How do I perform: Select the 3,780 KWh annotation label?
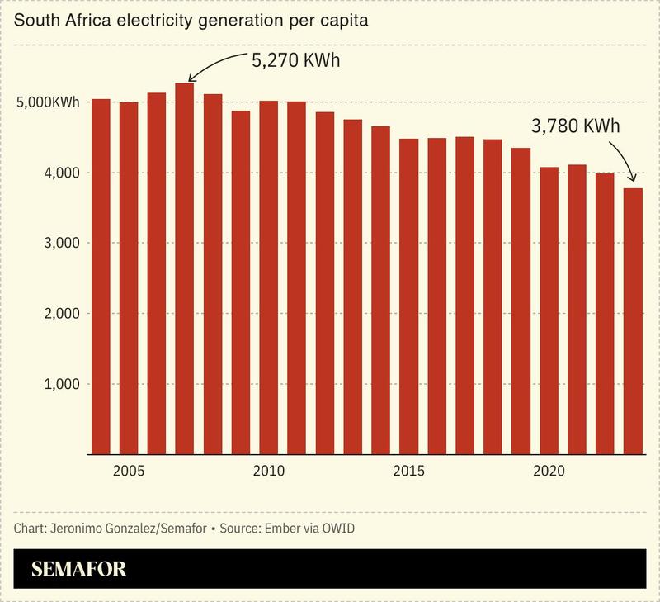click(575, 128)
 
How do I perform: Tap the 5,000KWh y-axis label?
click(48, 102)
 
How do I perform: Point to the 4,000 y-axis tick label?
click(63, 173)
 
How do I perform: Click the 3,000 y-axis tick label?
click(63, 243)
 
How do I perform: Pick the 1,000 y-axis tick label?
click(63, 384)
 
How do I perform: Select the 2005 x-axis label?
click(129, 472)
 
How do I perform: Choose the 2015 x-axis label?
click(408, 472)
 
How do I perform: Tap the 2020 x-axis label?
click(549, 472)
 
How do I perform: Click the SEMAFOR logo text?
click(79, 569)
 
